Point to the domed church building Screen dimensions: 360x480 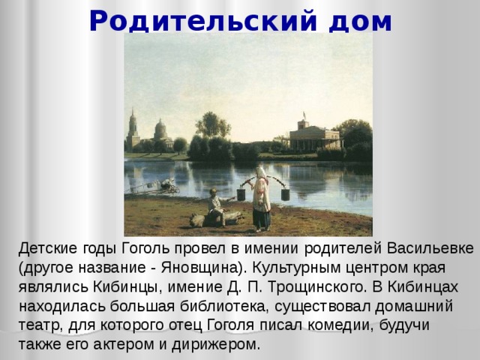[x=160, y=133]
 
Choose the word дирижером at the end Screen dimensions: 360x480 [x=222, y=346]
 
